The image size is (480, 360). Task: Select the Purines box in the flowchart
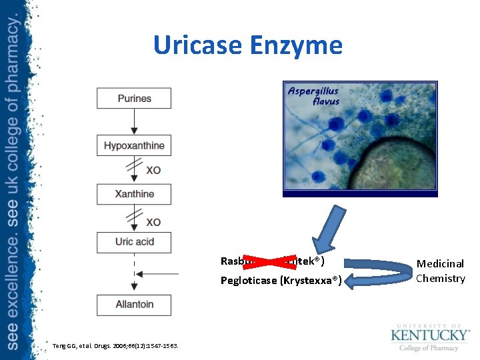(x=134, y=99)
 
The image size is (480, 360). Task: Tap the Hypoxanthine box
(x=134, y=145)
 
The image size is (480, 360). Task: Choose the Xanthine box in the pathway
(x=134, y=194)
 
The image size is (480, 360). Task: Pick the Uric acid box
(x=134, y=241)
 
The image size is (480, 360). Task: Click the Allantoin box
(x=134, y=305)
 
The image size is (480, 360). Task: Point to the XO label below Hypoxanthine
(x=153, y=171)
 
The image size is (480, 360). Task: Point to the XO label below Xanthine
(x=153, y=221)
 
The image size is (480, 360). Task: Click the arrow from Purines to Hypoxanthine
(x=134, y=122)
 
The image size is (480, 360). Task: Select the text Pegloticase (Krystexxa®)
(x=281, y=281)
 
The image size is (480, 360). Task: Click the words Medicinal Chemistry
(x=440, y=271)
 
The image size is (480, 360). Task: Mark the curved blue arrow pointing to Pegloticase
(x=380, y=272)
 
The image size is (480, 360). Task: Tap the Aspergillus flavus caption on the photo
(x=313, y=96)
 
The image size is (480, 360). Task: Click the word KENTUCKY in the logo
(x=430, y=334)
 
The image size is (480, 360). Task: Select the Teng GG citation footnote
(x=115, y=345)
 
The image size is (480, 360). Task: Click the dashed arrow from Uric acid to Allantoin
(x=134, y=273)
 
